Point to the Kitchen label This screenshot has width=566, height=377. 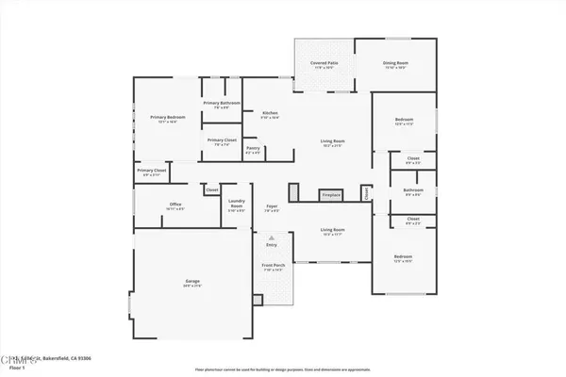pos(269,115)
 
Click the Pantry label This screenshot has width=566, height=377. pos(253,149)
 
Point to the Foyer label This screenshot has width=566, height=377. pos(271,207)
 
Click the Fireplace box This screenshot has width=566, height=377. pos(330,195)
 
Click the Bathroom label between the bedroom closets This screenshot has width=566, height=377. pos(413,191)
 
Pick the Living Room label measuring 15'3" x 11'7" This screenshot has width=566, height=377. pos(332,231)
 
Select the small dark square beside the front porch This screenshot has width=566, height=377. pos(256,301)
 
